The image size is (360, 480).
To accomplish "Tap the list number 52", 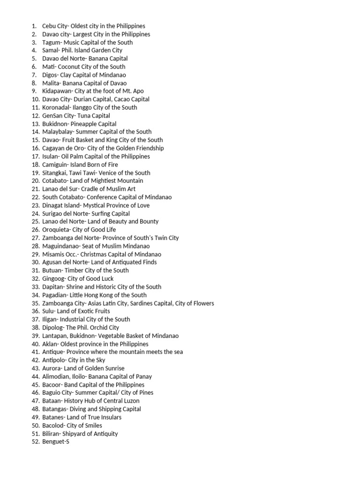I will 35,442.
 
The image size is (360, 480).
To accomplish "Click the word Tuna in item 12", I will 77,116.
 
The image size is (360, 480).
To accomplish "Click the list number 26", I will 35,230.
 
